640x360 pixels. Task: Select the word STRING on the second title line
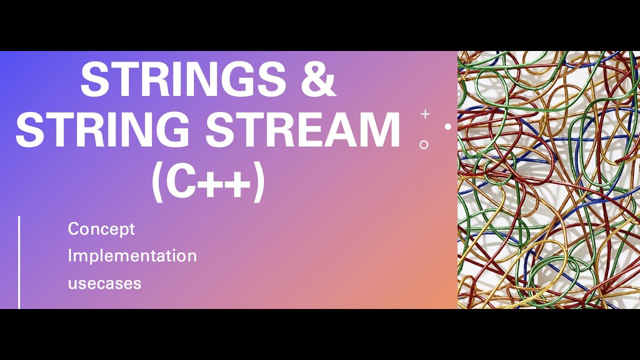[x=103, y=129]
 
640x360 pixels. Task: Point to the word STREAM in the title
[x=303, y=129]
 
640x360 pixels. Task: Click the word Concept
[x=101, y=229]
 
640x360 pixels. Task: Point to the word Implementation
[x=132, y=256]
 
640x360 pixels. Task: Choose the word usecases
[x=104, y=283]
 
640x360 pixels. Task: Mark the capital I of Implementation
[x=70, y=255]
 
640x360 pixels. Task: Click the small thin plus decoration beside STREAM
[x=425, y=114]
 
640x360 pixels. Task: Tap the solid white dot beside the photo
[x=448, y=127]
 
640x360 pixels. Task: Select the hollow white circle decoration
[x=424, y=145]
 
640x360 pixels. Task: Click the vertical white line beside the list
[x=19, y=262]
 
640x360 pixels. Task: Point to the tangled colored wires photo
[x=548, y=180]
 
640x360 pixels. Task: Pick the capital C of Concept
[x=73, y=229]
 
